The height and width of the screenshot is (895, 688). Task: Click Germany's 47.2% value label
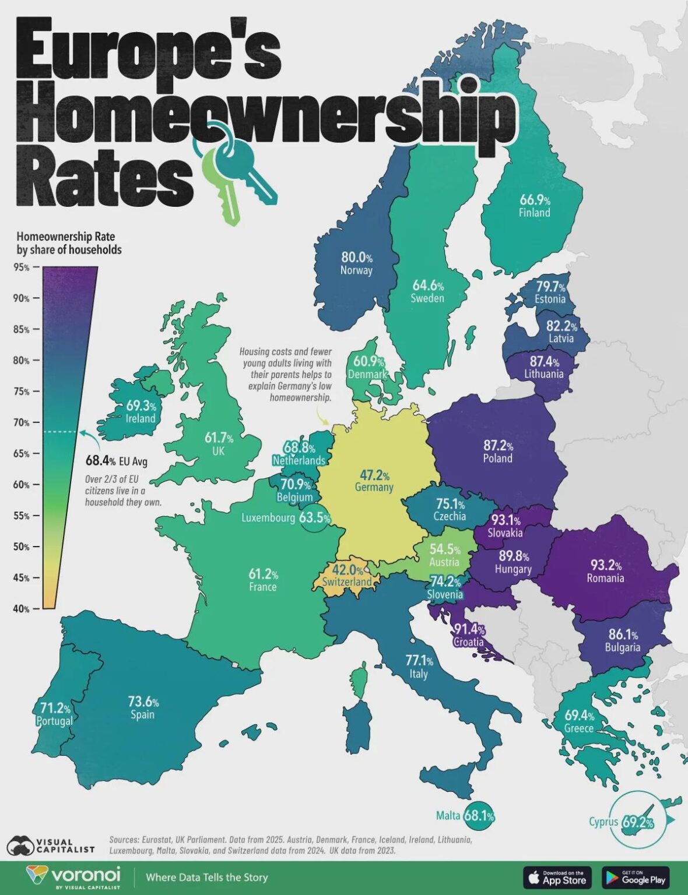click(374, 476)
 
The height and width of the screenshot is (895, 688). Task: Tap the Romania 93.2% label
click(605, 565)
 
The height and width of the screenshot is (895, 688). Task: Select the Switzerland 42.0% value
click(347, 570)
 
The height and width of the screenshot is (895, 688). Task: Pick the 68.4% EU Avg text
click(117, 461)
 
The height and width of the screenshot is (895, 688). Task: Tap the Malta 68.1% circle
click(479, 816)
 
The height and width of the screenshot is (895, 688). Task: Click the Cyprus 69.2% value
click(637, 822)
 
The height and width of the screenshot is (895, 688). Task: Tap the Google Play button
click(636, 877)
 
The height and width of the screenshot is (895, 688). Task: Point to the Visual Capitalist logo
click(50, 845)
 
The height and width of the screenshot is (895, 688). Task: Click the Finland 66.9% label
click(535, 206)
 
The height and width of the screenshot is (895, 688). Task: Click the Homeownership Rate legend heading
click(69, 243)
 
